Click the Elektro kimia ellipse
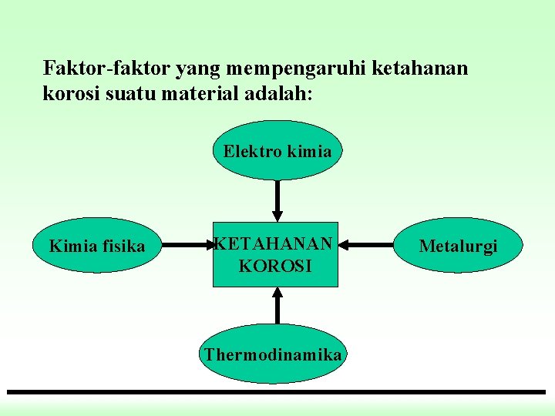point(277,151)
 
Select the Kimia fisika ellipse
point(97,246)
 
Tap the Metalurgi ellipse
point(458,246)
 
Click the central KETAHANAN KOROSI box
point(275,256)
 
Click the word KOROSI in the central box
point(275,267)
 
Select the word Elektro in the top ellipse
point(252,151)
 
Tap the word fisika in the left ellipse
point(124,246)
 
